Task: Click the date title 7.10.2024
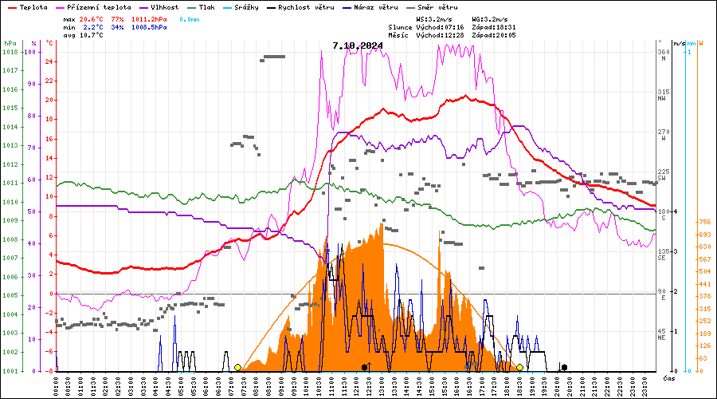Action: point(358,45)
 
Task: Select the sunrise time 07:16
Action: point(453,26)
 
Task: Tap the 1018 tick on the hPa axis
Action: point(10,52)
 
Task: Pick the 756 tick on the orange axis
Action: point(703,222)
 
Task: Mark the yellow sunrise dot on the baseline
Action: point(237,367)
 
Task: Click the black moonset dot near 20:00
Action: point(564,367)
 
